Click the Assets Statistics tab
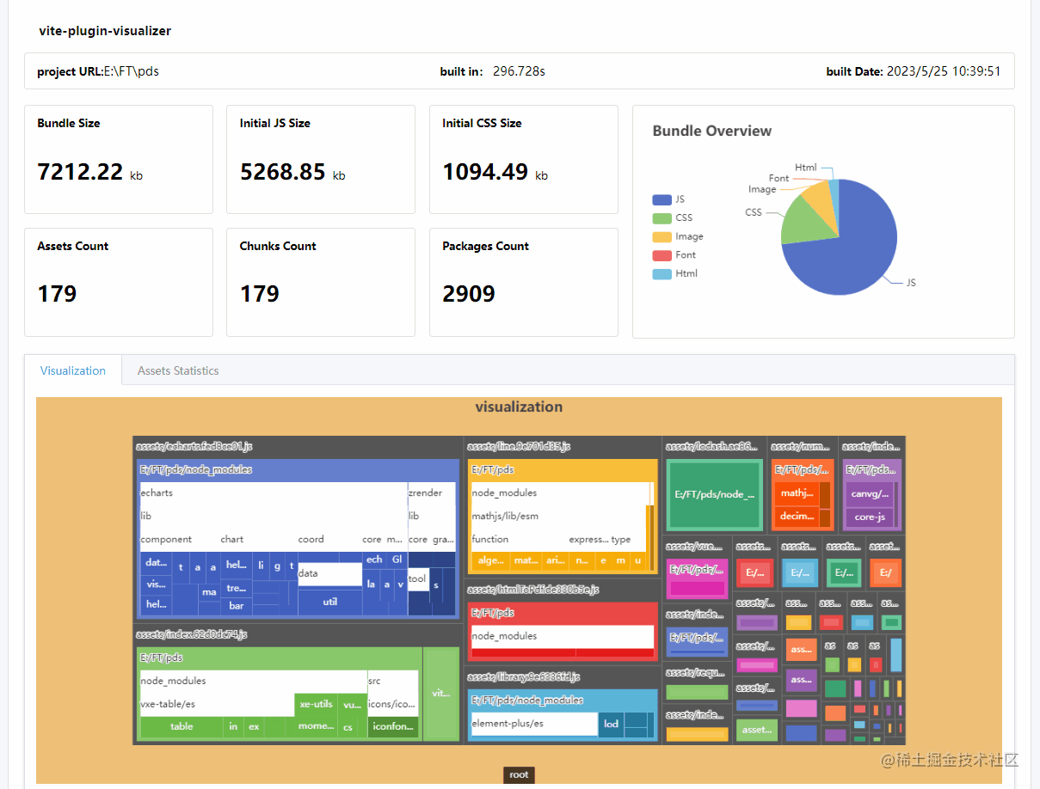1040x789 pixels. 178,370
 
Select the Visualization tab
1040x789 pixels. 73,370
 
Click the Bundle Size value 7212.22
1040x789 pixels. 81,172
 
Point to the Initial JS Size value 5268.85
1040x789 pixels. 283,172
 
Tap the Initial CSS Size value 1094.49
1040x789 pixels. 485,172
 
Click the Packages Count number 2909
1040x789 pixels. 469,294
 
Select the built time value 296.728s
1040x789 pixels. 519,71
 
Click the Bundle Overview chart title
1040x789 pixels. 712,131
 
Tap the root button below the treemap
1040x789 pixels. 519,774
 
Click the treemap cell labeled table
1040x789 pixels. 182,726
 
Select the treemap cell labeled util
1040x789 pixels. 330,602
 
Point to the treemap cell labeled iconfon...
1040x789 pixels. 392,726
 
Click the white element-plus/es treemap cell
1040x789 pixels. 533,724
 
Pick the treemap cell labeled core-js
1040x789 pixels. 870,517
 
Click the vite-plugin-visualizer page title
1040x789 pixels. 105,31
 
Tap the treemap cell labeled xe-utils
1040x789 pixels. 316,704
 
